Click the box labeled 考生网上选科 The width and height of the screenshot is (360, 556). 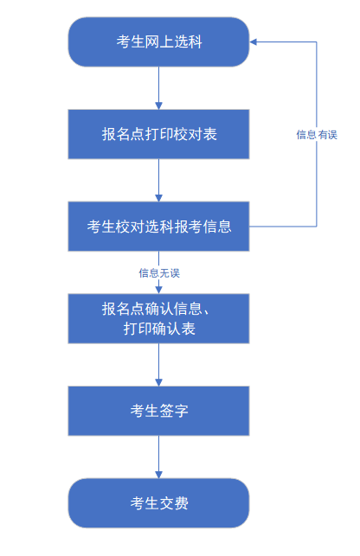[158, 42]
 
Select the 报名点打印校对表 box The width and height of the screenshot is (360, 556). [158, 134]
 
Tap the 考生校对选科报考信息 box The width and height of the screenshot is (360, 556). [158, 227]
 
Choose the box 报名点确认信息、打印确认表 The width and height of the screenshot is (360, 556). [158, 318]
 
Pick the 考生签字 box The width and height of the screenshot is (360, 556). [158, 411]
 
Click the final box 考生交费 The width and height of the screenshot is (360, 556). [158, 503]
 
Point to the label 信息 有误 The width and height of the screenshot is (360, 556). [316, 134]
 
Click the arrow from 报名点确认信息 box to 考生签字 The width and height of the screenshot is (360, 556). [158, 363]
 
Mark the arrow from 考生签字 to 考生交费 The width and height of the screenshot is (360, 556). [158, 456]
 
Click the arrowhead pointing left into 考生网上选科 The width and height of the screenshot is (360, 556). [254, 42]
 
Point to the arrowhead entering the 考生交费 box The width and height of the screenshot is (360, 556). [158, 474]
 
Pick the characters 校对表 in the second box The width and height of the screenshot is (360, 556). [197, 134]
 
